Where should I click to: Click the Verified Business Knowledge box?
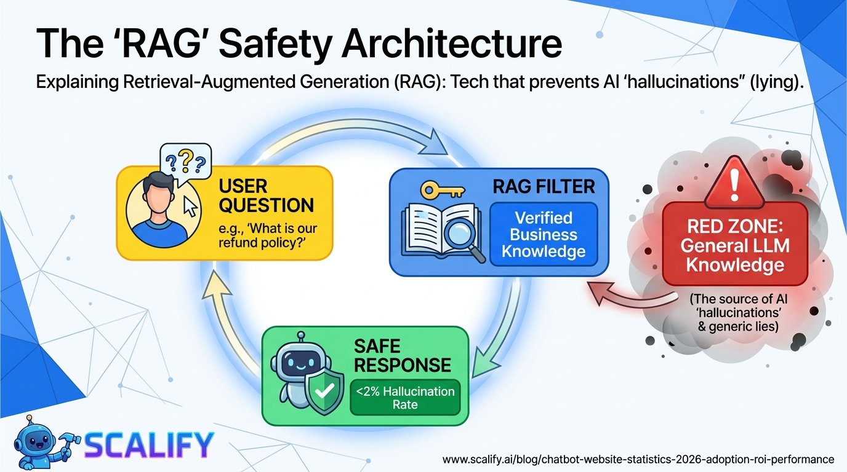point(544,234)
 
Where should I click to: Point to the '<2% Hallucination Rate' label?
point(405,398)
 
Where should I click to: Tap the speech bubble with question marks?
point(185,161)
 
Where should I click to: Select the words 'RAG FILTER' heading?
point(544,186)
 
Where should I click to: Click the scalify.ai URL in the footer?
point(638,459)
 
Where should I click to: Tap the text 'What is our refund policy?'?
point(268,236)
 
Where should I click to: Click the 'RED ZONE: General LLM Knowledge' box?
point(734,244)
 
